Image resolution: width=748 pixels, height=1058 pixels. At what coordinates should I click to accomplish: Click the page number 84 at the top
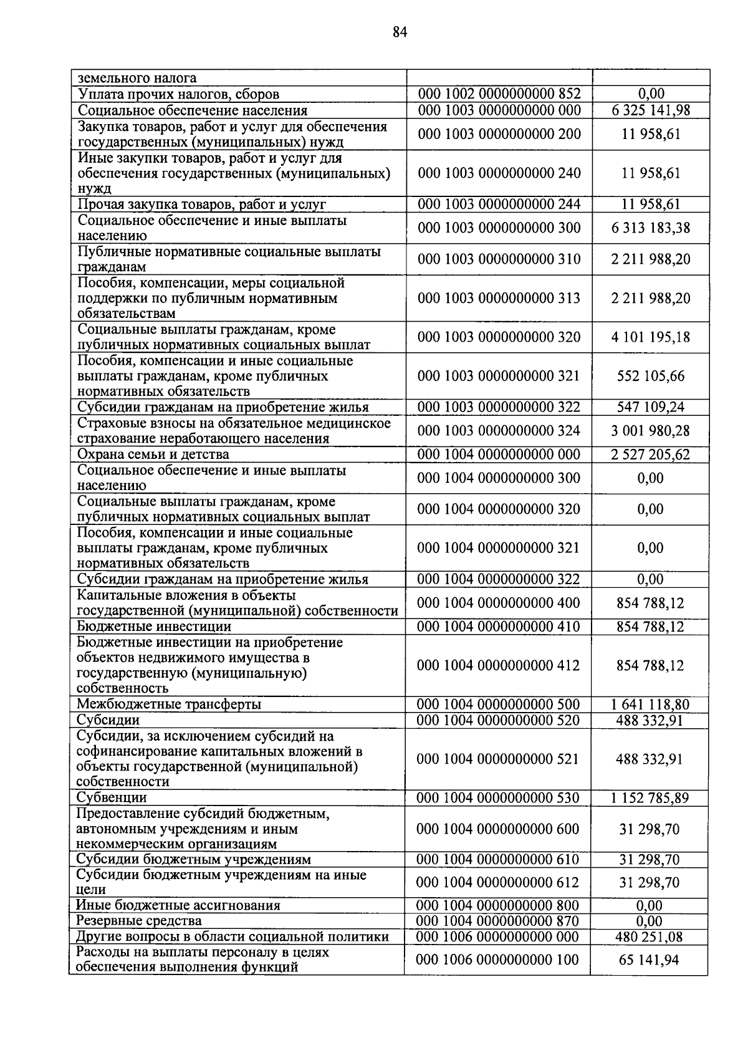pos(400,32)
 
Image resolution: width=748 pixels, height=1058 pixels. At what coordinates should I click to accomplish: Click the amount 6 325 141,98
pos(651,110)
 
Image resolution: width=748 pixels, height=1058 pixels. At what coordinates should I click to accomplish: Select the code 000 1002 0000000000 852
pos(499,94)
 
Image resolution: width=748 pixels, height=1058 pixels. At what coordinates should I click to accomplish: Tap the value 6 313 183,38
pos(651,228)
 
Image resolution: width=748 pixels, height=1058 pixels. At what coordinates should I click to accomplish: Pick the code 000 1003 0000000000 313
pos(499,298)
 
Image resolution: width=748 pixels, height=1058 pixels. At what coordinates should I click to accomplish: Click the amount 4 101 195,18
pos(651,337)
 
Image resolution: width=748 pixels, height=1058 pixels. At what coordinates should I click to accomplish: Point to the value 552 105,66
pos(651,376)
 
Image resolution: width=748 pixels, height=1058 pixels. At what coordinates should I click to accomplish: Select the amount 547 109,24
pos(651,407)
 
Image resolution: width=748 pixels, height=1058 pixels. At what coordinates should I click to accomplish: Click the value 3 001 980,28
pos(651,431)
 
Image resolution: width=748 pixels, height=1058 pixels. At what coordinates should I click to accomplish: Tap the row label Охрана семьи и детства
pos(153,454)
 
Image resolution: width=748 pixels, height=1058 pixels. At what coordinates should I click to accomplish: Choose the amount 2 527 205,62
pos(651,454)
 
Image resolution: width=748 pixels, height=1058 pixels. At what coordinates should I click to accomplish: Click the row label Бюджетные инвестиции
pos(153,627)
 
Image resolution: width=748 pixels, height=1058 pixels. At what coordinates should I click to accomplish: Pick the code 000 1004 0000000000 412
pos(499,665)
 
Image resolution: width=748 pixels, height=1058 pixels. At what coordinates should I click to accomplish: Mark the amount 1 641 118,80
pos(651,705)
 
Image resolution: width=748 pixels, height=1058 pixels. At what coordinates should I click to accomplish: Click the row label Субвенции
pos(112,798)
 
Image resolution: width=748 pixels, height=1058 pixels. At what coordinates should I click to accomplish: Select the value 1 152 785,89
pos(651,798)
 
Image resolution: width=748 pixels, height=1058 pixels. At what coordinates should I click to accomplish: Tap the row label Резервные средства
pos(138,921)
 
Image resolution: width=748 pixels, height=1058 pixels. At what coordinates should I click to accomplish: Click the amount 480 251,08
pos(651,937)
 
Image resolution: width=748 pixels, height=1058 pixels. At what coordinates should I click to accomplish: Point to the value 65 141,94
pos(651,960)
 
